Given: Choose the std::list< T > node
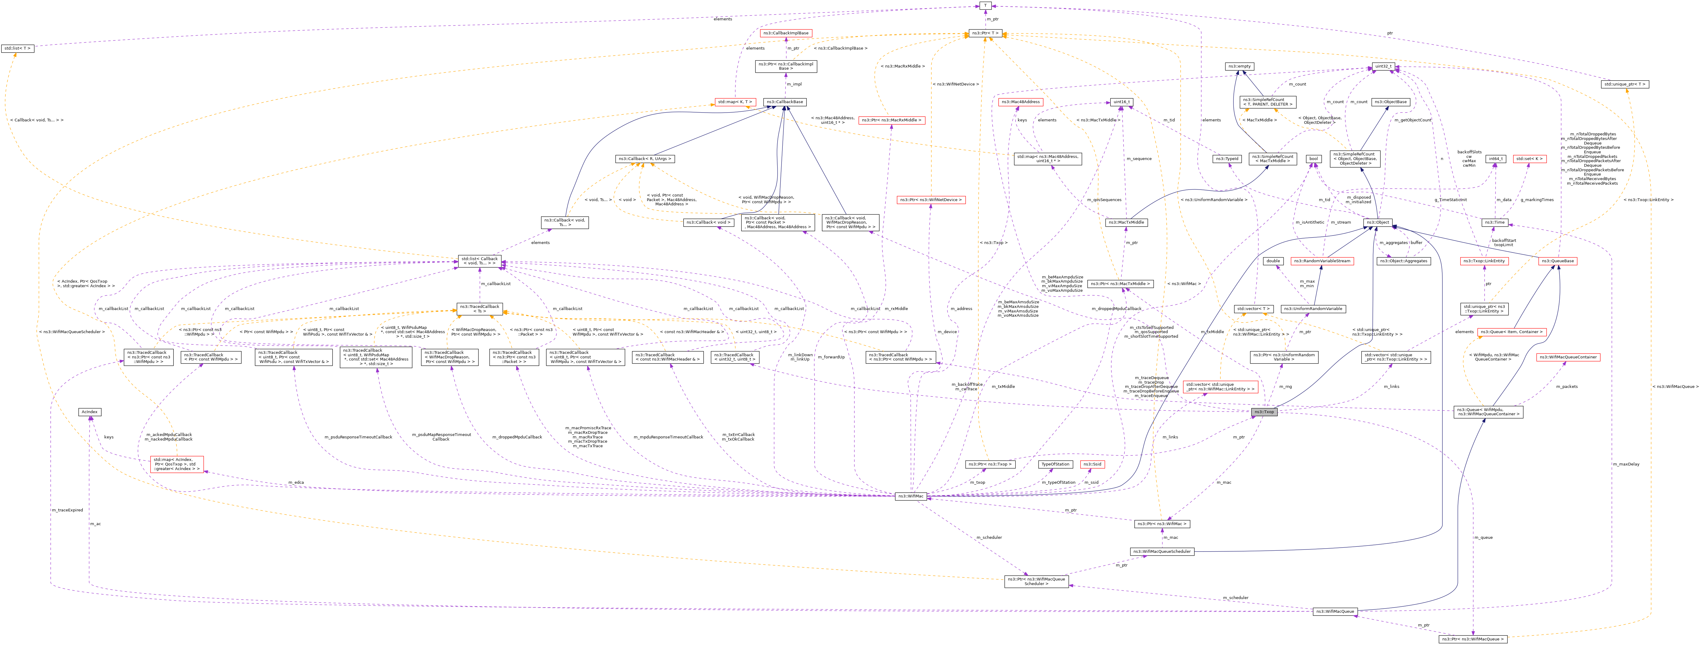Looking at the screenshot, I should (17, 48).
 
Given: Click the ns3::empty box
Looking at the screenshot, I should (1240, 66).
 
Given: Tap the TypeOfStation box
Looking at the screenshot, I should (1054, 464).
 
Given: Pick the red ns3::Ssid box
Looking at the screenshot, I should (1092, 464).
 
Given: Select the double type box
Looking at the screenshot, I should (1272, 261).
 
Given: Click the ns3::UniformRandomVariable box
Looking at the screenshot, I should (1313, 309).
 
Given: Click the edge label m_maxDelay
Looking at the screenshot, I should (1626, 464).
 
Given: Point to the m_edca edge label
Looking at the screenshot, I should (296, 483).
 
